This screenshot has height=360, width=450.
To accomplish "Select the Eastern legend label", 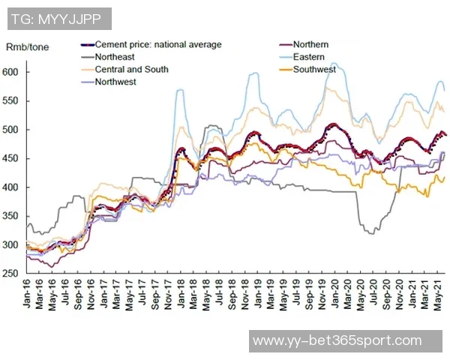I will (x=309, y=57).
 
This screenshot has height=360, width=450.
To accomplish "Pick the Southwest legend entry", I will (x=314, y=70).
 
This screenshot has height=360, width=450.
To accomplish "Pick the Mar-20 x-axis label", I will (x=345, y=294).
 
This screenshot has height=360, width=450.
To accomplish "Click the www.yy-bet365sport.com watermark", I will (x=337, y=341).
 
